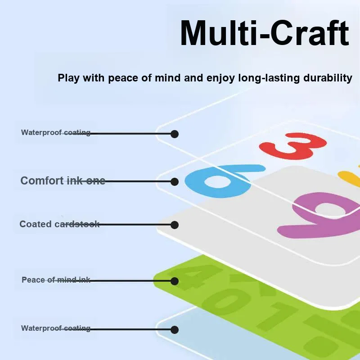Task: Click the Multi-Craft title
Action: (265, 33)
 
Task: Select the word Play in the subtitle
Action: (68, 78)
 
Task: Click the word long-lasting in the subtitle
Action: (269, 78)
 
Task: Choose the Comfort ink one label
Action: (63, 181)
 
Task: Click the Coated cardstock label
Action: (59, 224)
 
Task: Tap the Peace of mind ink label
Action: (56, 280)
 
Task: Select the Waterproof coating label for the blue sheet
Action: (56, 328)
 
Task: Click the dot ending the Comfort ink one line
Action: (175, 182)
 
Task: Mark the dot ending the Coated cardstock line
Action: (175, 225)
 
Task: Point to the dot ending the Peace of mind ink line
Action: (175, 281)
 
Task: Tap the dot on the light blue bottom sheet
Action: (175, 330)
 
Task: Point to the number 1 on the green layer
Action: (275, 316)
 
